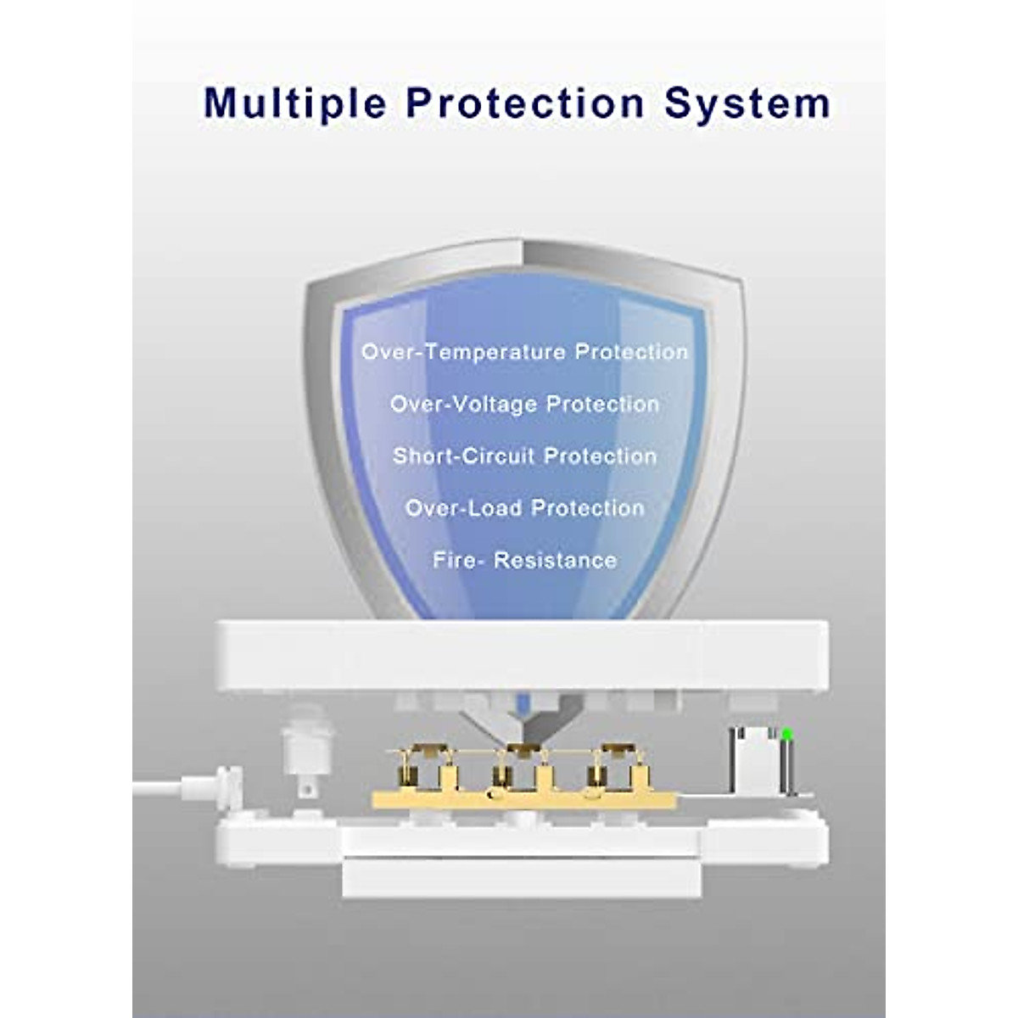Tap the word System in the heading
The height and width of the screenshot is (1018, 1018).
point(747,103)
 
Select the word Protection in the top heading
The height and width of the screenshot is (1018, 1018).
point(525,103)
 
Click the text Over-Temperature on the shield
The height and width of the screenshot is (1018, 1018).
point(463,352)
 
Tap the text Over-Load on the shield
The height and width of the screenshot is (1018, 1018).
point(463,509)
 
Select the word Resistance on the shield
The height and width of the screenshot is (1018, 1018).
point(555,561)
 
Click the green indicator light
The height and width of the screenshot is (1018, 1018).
point(786,733)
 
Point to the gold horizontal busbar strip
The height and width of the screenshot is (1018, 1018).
point(523,800)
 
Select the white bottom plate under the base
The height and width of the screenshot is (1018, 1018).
point(522,879)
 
